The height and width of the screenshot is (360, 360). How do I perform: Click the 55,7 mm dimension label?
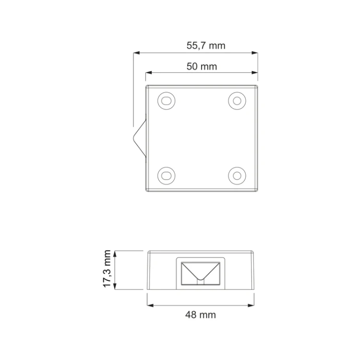(206, 46)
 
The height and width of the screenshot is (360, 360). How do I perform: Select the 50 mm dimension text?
(202, 66)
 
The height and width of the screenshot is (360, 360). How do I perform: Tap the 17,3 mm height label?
(107, 269)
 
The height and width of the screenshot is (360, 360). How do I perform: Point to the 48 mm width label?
(201, 314)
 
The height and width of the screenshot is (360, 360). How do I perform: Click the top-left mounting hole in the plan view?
(167, 101)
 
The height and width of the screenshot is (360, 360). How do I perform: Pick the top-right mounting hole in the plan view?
(237, 101)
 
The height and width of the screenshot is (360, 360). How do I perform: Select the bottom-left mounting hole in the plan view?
(167, 176)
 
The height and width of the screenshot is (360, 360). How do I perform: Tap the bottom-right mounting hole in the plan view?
(237, 176)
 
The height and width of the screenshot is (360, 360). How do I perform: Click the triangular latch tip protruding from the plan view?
(134, 138)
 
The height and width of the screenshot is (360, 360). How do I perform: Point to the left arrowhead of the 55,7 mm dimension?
(137, 53)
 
